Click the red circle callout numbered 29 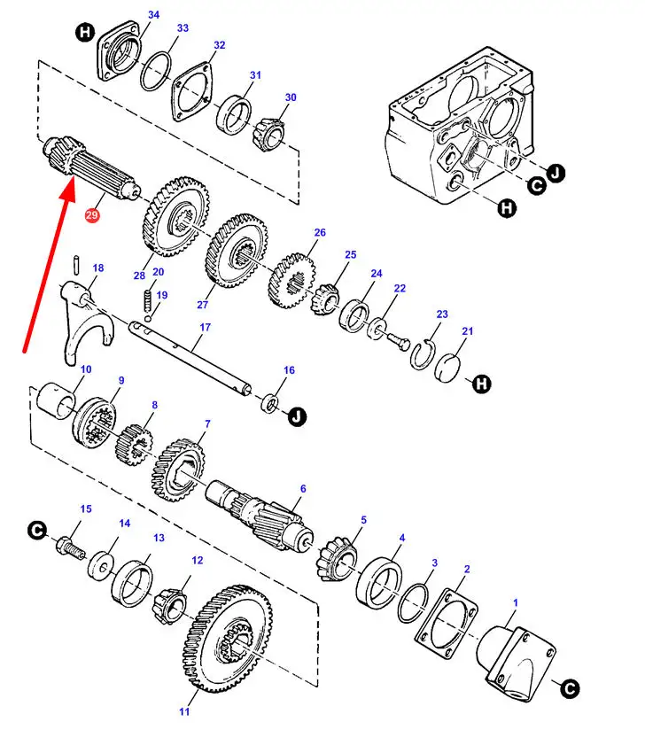pyautogui.click(x=91, y=214)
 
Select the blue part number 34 pyautogui.click(x=153, y=15)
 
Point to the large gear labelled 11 pyautogui.click(x=227, y=638)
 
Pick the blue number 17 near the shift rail pyautogui.click(x=205, y=327)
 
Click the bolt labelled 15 pyautogui.click(x=70, y=549)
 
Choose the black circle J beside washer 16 pyautogui.click(x=298, y=415)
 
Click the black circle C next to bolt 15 pyautogui.click(x=37, y=530)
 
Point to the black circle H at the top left pyautogui.click(x=85, y=33)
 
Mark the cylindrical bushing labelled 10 pyautogui.click(x=56, y=400)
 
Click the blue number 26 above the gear pyautogui.click(x=320, y=232)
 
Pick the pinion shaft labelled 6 pyautogui.click(x=260, y=516)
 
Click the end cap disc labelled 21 pyautogui.click(x=447, y=369)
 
